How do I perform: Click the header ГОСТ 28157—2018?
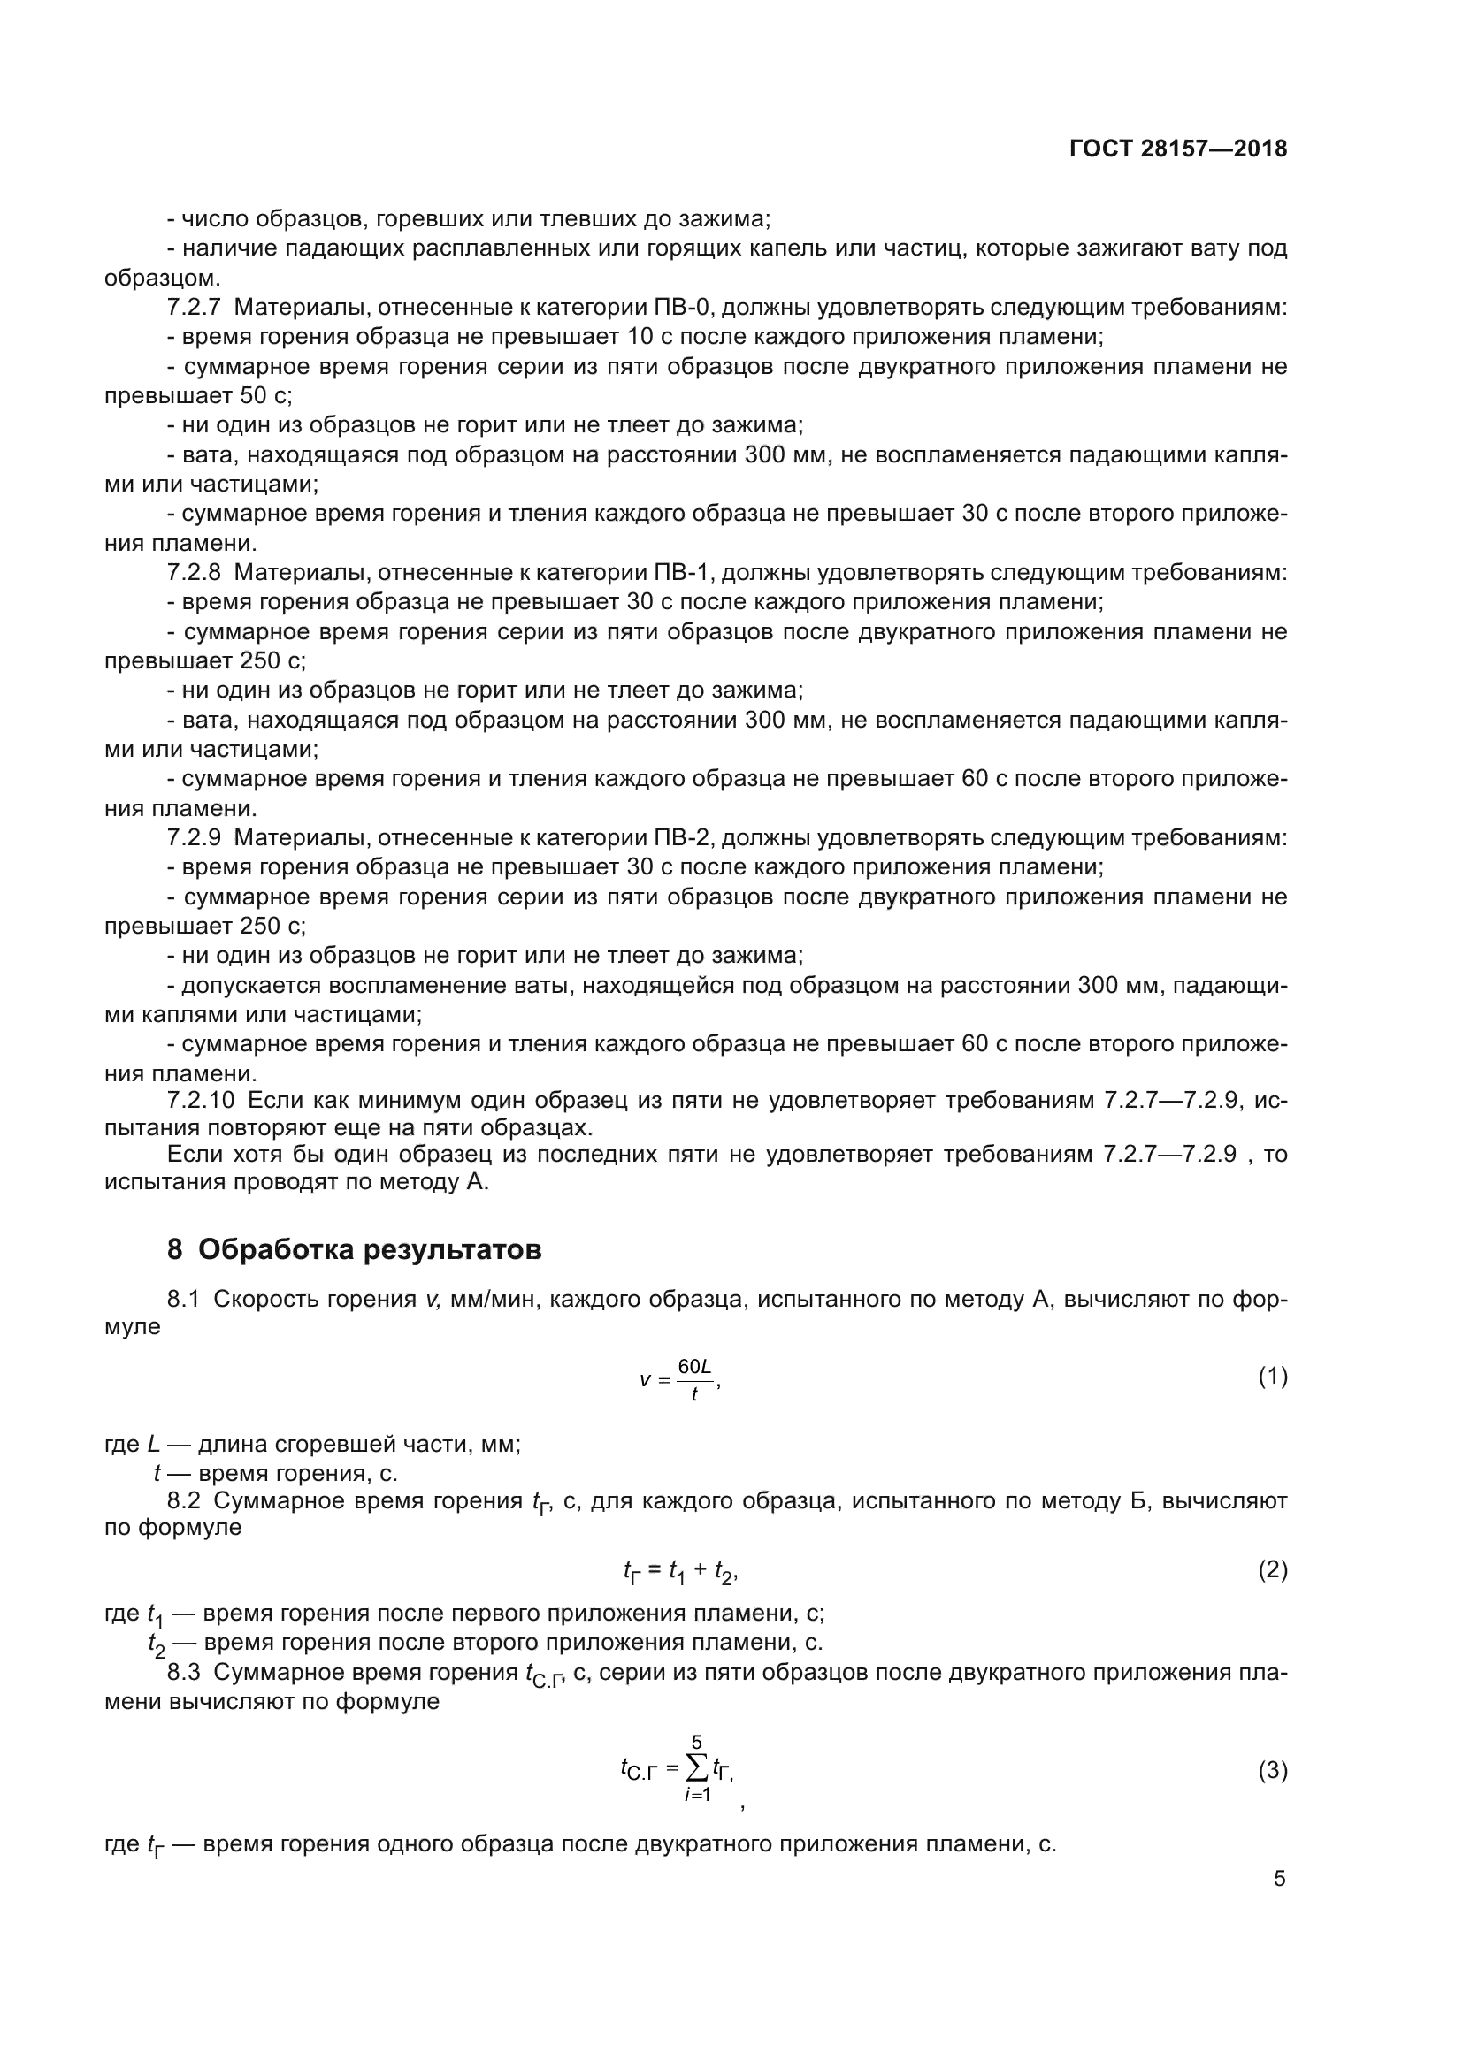tap(1178, 149)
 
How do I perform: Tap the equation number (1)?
tap(1272, 1377)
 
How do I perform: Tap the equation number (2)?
tap(1272, 1570)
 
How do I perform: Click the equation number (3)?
tap(1272, 1771)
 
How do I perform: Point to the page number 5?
tap(1279, 1879)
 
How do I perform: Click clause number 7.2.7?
tap(194, 308)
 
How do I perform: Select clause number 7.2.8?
tap(194, 573)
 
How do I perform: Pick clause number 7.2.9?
tap(194, 837)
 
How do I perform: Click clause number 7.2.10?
tap(200, 1102)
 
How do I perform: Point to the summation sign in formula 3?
tap(696, 1768)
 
